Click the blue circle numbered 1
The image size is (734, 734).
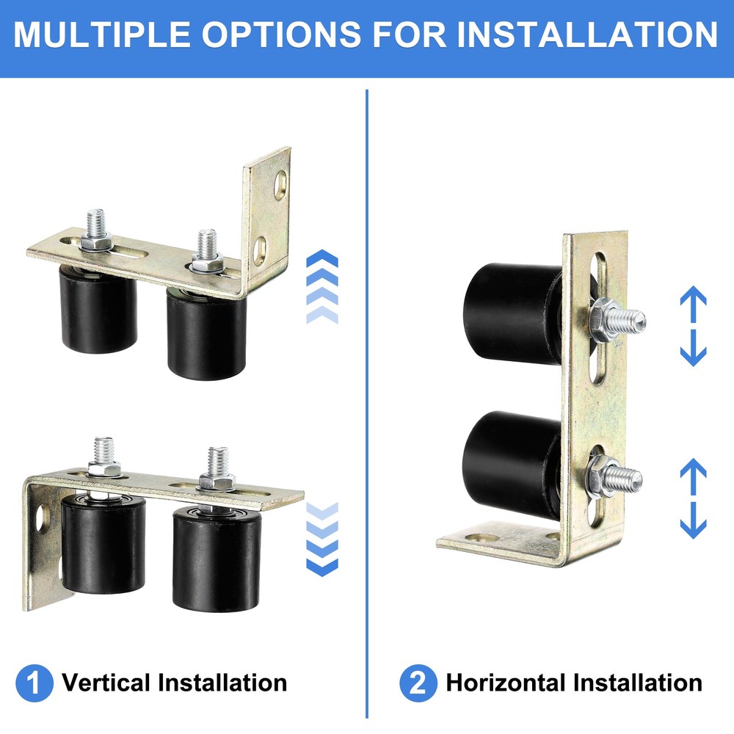34,683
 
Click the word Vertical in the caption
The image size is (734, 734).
106,683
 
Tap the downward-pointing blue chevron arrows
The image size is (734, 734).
321,539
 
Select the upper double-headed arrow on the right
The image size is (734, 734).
693,327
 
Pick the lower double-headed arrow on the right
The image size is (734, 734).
693,498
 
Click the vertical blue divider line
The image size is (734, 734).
366,404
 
